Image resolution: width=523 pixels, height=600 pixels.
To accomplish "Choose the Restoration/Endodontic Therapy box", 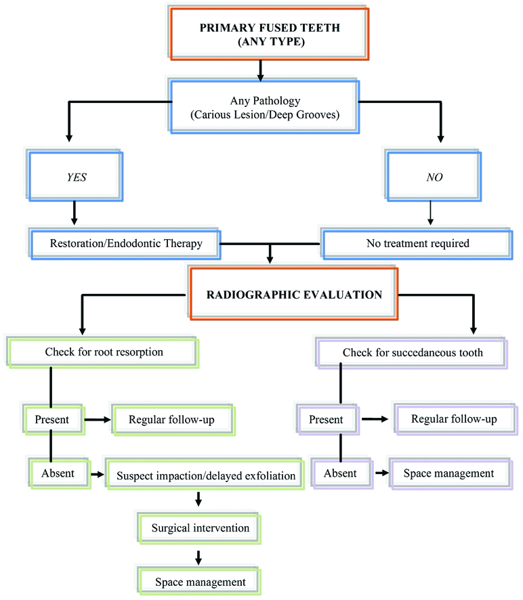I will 127,243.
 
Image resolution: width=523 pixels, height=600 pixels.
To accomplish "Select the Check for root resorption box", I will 104,351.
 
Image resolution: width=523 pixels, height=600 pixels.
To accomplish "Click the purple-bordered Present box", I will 326,419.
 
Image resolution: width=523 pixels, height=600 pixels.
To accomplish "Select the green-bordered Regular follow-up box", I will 173,419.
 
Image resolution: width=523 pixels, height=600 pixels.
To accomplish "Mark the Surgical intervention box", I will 200,528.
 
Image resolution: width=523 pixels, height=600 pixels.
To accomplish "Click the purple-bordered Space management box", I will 448,473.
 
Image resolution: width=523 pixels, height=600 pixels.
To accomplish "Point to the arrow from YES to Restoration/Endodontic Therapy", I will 75,213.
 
